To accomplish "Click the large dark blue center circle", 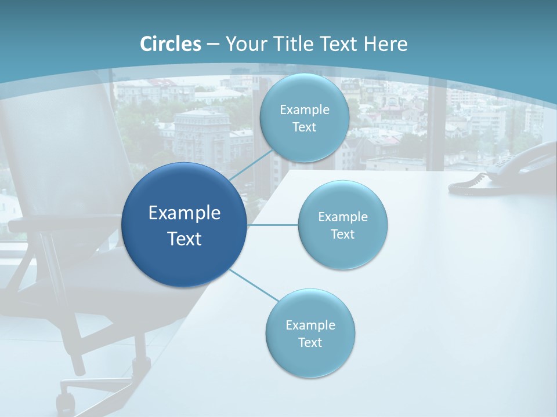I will (x=184, y=225).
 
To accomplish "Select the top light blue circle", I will (x=304, y=118).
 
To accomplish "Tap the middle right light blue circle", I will (x=342, y=225).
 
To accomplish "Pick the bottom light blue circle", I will (x=310, y=333).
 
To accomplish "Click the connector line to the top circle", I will (x=251, y=164).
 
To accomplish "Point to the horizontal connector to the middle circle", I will (x=273, y=225).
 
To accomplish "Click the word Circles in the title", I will (x=171, y=44).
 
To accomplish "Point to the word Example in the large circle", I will (x=184, y=213).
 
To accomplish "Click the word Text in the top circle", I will (x=304, y=127).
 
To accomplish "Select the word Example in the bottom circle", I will (x=310, y=325).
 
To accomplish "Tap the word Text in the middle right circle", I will (x=342, y=234).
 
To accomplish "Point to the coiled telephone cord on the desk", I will (x=468, y=184).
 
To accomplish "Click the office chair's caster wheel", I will (x=66, y=401).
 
